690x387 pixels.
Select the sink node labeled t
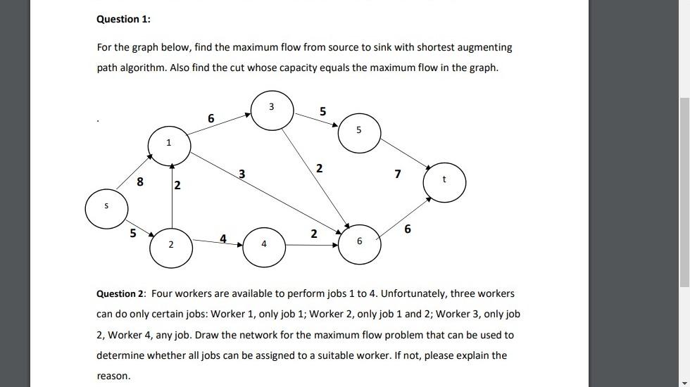tap(444, 181)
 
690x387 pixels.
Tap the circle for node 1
tap(168, 145)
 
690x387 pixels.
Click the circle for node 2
tap(170, 247)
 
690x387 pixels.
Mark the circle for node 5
tap(358, 132)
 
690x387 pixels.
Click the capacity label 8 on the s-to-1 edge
tap(140, 182)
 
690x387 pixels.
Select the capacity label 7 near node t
tap(398, 174)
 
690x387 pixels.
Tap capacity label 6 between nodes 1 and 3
tap(211, 119)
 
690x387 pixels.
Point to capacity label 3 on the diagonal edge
tap(241, 173)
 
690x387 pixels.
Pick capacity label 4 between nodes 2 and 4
tap(223, 239)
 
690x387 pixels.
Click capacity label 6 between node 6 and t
tap(408, 229)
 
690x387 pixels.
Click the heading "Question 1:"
tap(123, 19)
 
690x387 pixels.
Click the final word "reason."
tap(113, 376)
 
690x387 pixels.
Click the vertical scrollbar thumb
tap(684, 190)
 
